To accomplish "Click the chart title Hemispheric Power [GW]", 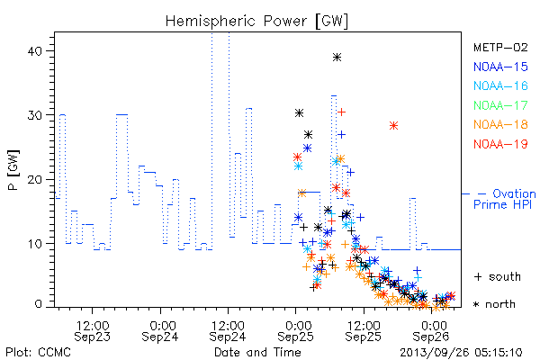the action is click(x=256, y=22).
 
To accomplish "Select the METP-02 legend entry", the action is click(x=500, y=48).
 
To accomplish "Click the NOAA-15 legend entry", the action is click(x=500, y=67).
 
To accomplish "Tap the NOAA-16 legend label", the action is click(x=500, y=85).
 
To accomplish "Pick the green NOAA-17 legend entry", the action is click(x=500, y=105).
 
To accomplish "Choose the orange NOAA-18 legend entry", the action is click(x=500, y=124).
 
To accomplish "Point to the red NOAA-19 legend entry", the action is click(x=500, y=144).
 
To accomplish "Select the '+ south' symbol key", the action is click(x=498, y=276).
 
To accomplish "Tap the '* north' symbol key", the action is click(x=494, y=304).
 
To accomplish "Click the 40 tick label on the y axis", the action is click(x=34, y=51).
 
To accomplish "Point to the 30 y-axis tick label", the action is click(x=34, y=115).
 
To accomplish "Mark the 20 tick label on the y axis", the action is click(x=34, y=179).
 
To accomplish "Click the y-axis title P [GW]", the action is click(x=13, y=170).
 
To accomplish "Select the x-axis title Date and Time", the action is click(x=257, y=353).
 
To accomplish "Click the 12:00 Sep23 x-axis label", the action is click(x=93, y=331).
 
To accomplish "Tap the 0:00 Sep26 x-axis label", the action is click(x=431, y=331).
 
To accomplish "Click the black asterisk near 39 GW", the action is click(x=337, y=58).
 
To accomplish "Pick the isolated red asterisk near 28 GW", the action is click(x=393, y=126).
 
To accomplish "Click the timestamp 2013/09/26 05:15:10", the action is click(x=461, y=353).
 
